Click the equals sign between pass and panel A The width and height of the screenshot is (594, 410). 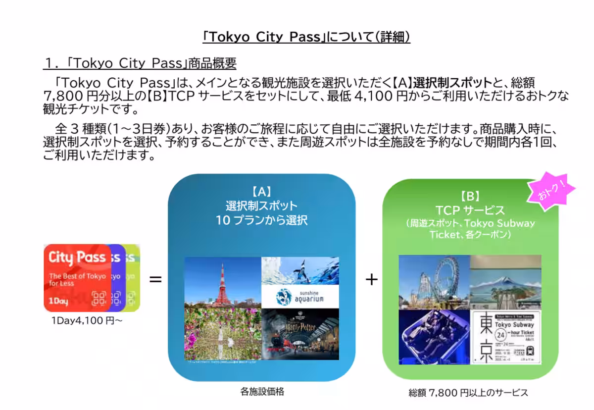point(155,280)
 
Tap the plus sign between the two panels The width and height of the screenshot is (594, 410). point(371,280)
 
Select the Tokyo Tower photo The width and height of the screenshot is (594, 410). point(222,282)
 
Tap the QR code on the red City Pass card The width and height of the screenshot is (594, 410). point(99,298)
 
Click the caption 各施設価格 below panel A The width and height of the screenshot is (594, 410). point(262,392)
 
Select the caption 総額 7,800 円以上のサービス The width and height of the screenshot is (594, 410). point(468,393)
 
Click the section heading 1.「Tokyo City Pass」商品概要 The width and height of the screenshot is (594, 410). point(140,63)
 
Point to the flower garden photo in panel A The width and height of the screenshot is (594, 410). point(222,334)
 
